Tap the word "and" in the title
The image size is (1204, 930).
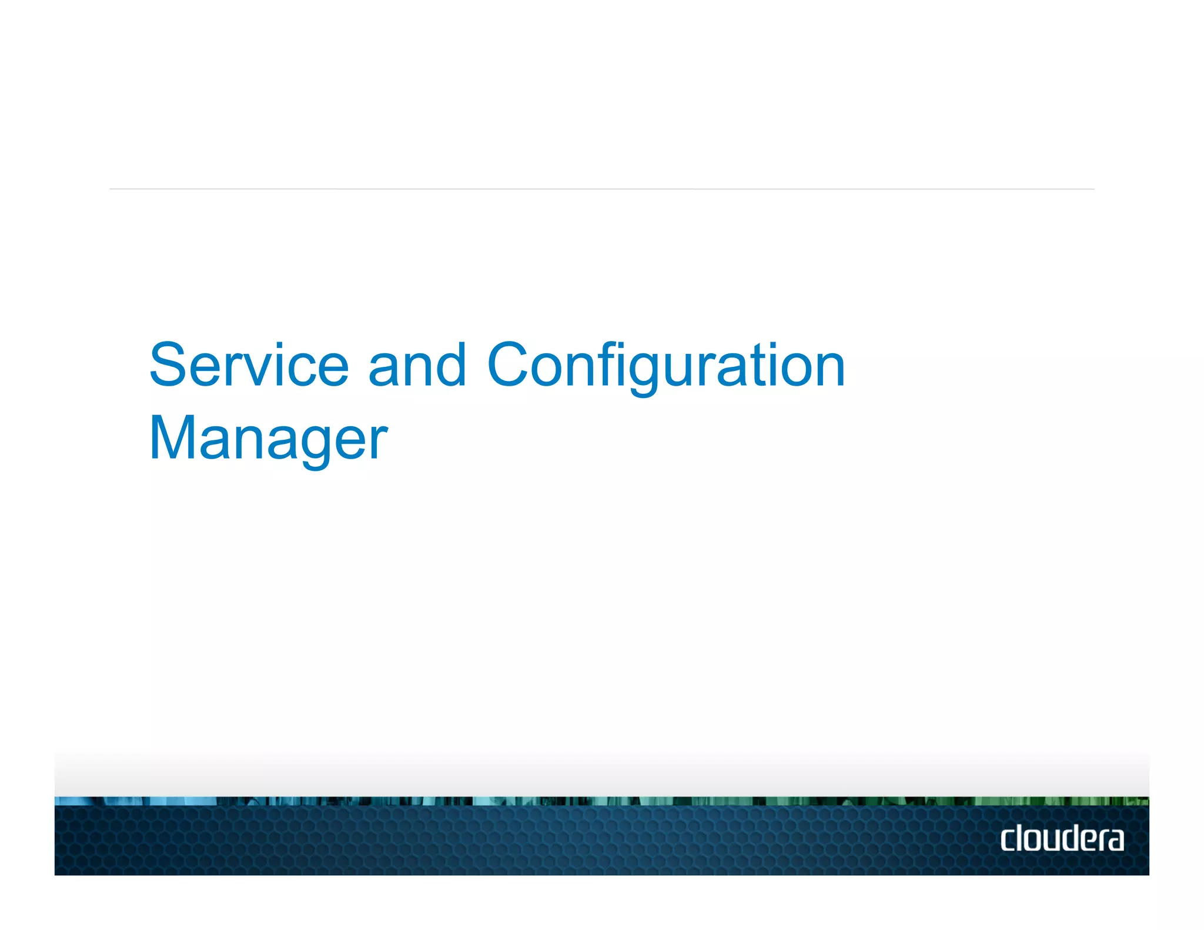[x=417, y=366]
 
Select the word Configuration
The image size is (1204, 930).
[x=666, y=366]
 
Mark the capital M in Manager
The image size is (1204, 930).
[x=173, y=438]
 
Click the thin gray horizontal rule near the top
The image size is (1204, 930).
[x=602, y=189]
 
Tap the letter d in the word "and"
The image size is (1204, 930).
[x=451, y=366]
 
